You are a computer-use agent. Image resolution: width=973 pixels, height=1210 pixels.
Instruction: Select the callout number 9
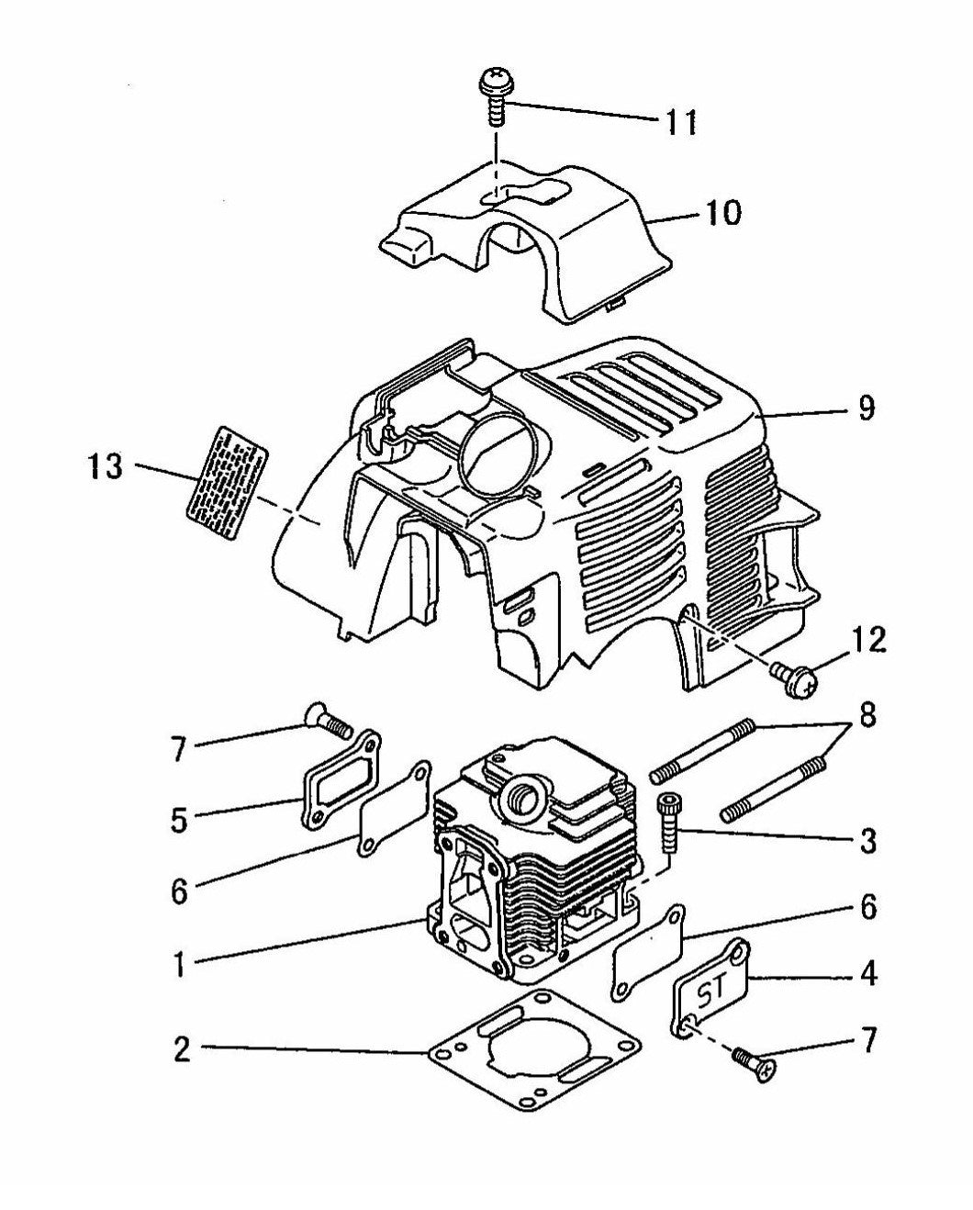point(865,408)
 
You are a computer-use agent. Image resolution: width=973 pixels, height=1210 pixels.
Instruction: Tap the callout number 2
point(183,1048)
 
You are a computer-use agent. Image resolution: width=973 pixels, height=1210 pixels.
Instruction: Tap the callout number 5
point(180,818)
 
